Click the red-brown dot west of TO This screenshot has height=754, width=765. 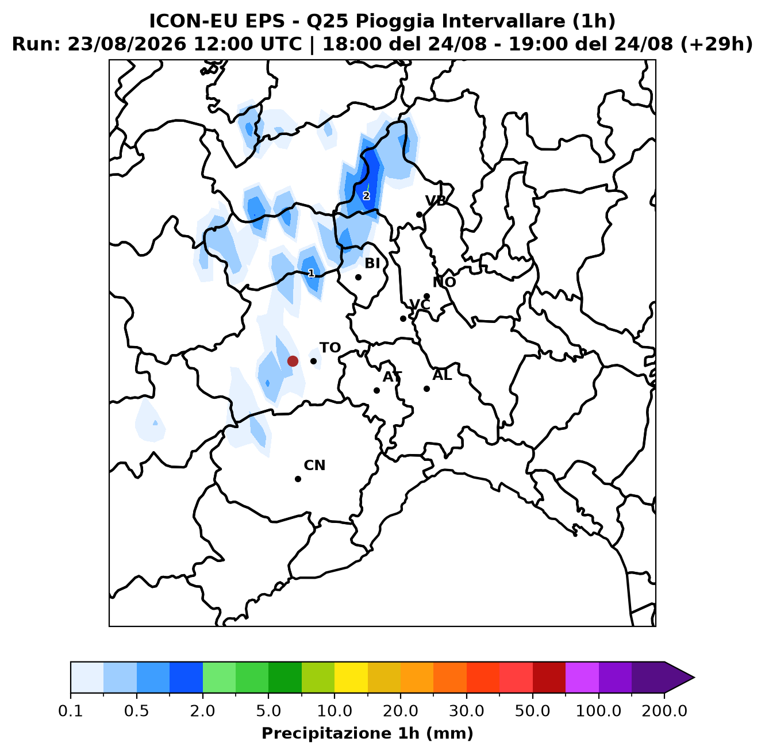point(293,361)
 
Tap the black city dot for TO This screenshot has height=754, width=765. point(313,361)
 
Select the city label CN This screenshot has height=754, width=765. point(314,466)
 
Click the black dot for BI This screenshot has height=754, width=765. point(358,277)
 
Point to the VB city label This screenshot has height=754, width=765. point(436,201)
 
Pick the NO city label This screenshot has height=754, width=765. point(444,282)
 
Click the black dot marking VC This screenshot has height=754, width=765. point(403,318)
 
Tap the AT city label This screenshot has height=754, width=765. point(392,377)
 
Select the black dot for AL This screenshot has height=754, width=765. point(426,388)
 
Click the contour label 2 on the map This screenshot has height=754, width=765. point(366,196)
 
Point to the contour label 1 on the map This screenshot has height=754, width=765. point(312,273)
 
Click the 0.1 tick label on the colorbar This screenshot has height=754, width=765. point(71,711)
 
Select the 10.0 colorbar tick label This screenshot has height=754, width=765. point(335,711)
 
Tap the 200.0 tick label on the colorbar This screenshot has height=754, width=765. point(664,711)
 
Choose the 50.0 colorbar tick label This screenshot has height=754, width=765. point(533,711)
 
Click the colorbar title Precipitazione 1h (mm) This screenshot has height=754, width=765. point(367,733)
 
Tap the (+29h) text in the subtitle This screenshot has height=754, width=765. point(716,44)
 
